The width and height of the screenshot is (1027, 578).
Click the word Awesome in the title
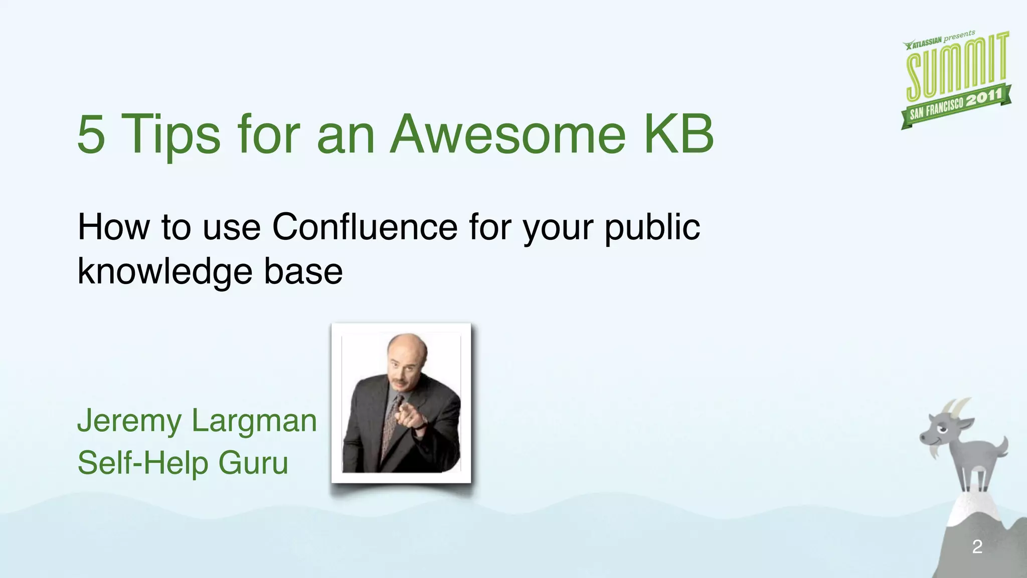[508, 134]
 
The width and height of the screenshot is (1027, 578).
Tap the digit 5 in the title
[91, 134]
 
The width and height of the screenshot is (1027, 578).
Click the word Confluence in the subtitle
[365, 227]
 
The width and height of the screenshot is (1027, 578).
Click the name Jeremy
[129, 421]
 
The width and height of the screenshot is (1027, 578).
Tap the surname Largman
[254, 421]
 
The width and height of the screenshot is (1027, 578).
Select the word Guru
[253, 463]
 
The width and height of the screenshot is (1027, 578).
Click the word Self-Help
[142, 463]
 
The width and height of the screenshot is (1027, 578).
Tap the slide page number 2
[977, 546]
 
